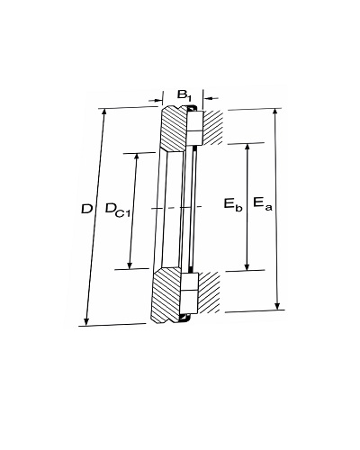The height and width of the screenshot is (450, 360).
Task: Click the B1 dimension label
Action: (x=184, y=95)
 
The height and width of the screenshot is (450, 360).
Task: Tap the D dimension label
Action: (x=86, y=209)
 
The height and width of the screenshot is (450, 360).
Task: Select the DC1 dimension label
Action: (x=117, y=209)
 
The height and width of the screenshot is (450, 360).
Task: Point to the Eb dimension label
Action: (x=233, y=204)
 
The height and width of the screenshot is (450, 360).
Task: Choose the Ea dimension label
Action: (x=263, y=203)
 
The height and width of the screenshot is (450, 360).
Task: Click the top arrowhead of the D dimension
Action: (x=104, y=112)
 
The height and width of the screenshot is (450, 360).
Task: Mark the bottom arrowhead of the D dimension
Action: (x=86, y=322)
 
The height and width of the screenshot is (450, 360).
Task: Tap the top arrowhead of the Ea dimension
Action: (x=275, y=112)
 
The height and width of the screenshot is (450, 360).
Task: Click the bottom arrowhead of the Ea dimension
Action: (x=278, y=306)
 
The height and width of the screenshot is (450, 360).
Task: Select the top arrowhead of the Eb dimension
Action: (x=247, y=147)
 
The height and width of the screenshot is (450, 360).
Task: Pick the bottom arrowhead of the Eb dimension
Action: (x=247, y=266)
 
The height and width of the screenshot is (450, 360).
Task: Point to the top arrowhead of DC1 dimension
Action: (x=137, y=157)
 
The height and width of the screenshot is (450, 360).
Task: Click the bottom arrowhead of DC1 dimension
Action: (x=130, y=265)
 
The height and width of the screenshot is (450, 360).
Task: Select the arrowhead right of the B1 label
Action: (x=208, y=98)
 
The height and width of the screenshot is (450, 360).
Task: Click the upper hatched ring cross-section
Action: (x=174, y=128)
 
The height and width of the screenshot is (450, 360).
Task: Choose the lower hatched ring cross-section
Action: (x=166, y=295)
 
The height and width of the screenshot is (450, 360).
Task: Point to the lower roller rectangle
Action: (x=190, y=293)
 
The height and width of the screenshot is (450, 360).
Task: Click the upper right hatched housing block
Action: (x=213, y=128)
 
